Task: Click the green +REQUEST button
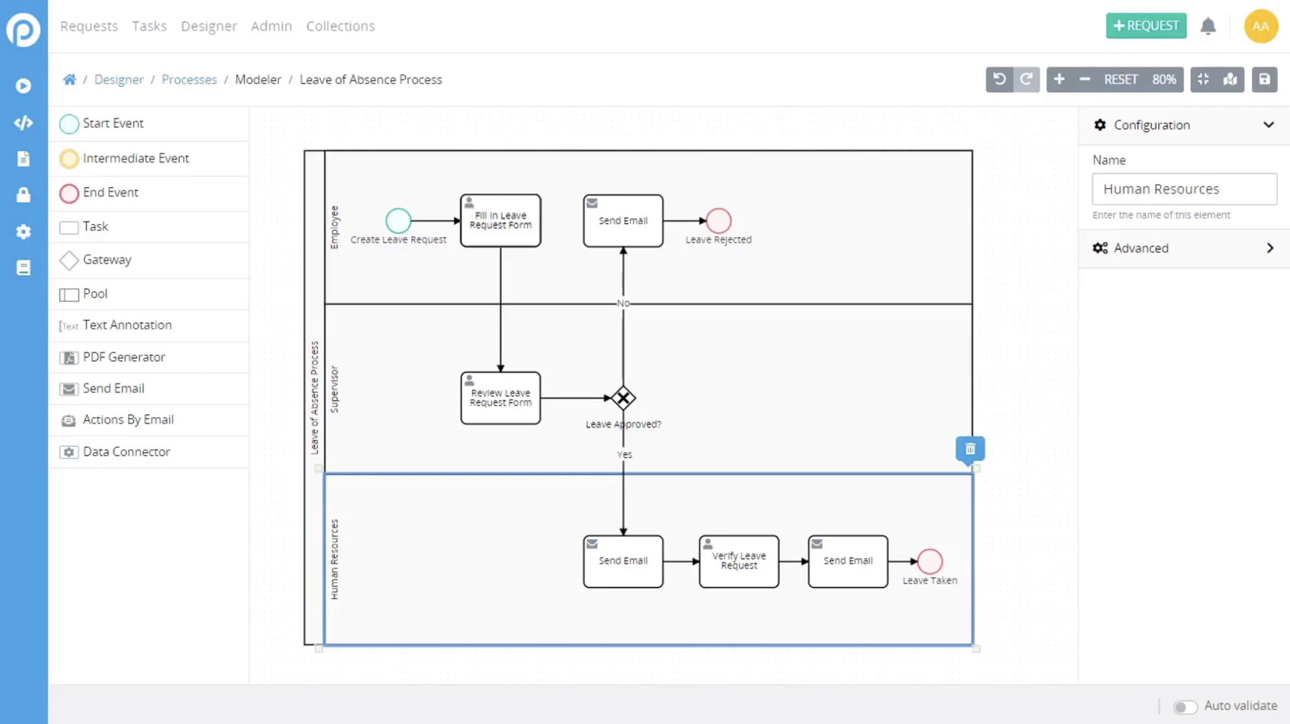(1145, 26)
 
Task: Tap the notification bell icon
(1208, 26)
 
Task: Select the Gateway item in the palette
(107, 260)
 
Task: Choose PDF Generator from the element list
(123, 357)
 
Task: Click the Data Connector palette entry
(126, 452)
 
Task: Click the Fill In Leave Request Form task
(500, 221)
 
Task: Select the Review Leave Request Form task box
(500, 398)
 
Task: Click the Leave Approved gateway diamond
(623, 398)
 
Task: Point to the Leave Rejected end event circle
(718, 221)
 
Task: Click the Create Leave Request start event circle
(398, 221)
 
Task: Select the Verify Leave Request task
(738, 562)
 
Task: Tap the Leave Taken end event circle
(929, 562)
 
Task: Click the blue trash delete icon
(970, 450)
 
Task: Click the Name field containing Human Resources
(1184, 189)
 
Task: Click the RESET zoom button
(1120, 80)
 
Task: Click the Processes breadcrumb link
(189, 80)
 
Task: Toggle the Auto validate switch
(1185, 707)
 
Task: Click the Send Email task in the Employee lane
(623, 221)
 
